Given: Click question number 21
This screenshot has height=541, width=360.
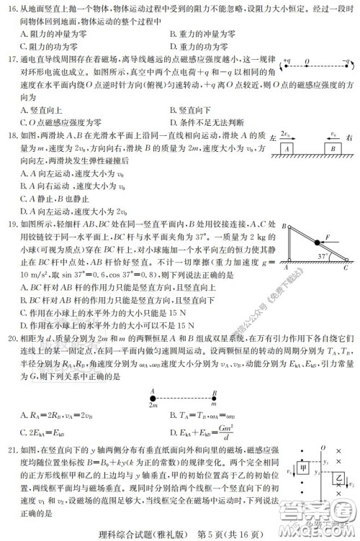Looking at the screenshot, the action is pyautogui.click(x=9, y=447).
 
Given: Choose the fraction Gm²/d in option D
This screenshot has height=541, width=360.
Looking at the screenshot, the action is pyautogui.click(x=236, y=431).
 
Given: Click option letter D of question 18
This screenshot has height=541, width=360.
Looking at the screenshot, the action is pyautogui.click(x=24, y=211).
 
